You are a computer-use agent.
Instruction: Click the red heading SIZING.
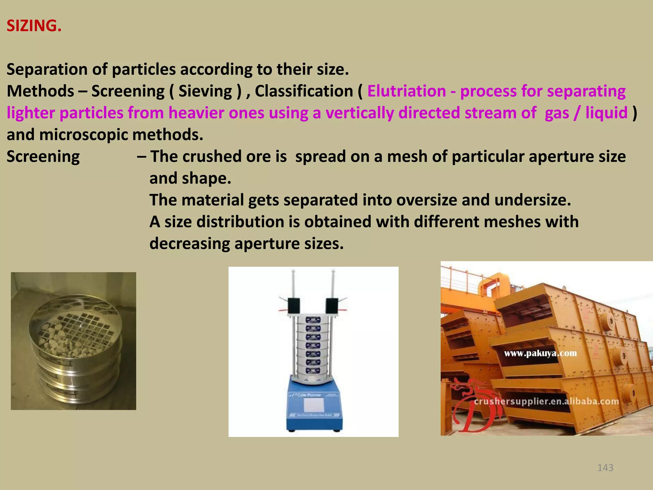pyautogui.click(x=34, y=26)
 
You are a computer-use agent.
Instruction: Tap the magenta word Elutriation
pyautogui.click(x=407, y=91)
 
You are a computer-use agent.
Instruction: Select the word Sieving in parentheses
pyautogui.click(x=205, y=91)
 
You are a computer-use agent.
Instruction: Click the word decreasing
pyautogui.click(x=189, y=244)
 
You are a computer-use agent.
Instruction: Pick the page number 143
pyautogui.click(x=605, y=468)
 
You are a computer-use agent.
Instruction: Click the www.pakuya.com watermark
pyautogui.click(x=540, y=353)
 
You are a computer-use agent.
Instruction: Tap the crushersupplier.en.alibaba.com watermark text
pyautogui.click(x=546, y=401)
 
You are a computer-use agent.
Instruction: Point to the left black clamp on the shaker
pyautogui.click(x=294, y=305)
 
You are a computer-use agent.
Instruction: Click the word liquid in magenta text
pyautogui.click(x=606, y=113)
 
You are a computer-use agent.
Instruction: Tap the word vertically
pyautogui.click(x=359, y=113)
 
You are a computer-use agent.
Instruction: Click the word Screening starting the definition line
pyautogui.click(x=43, y=157)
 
